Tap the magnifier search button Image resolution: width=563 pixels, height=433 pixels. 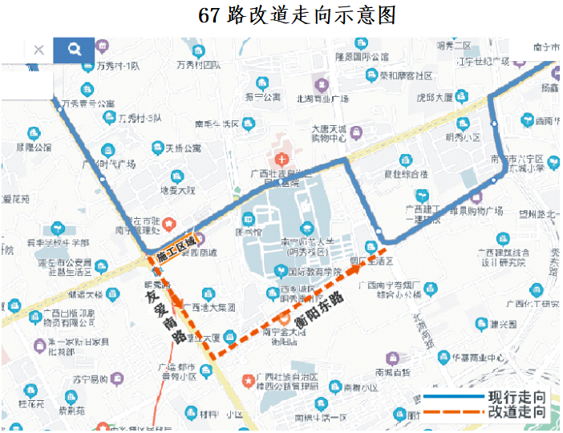point(74,50)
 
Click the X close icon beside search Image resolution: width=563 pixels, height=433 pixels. point(38,50)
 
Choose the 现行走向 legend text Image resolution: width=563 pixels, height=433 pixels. point(517,398)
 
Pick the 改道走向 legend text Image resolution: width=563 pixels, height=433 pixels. point(517,413)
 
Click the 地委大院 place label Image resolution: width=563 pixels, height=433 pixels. point(177,191)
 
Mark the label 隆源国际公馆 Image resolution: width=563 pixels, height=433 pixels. point(362,57)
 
